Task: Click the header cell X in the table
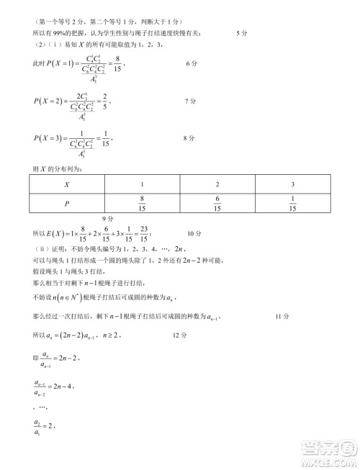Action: click(66, 184)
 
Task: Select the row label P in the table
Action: click(66, 204)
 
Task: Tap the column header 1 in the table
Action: click(142, 184)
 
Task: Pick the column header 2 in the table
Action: click(217, 184)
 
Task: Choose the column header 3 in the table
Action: click(292, 184)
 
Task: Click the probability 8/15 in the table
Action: click(142, 204)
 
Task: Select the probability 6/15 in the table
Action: click(217, 204)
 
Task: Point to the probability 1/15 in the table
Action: click(292, 204)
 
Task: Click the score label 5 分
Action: click(243, 33)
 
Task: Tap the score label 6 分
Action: click(191, 64)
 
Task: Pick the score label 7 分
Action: click(191, 101)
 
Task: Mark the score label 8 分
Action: click(191, 137)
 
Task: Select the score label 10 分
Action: click(195, 233)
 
